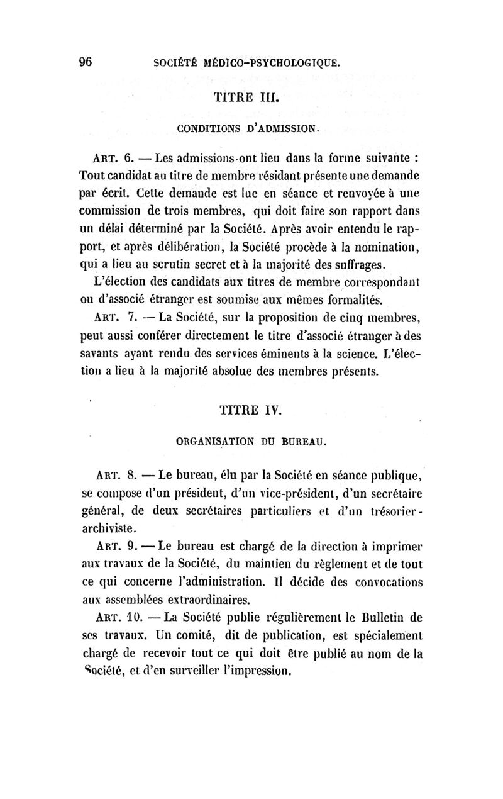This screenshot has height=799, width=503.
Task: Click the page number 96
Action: (87, 61)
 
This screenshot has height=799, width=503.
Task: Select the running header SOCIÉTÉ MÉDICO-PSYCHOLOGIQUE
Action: (248, 62)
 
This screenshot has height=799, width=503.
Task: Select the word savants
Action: (102, 355)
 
